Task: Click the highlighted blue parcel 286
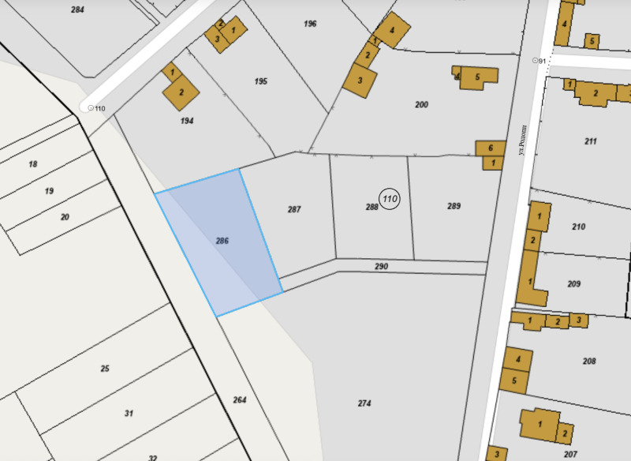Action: tap(219, 241)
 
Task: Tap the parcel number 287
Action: tap(294, 209)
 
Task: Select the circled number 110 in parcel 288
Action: tap(389, 199)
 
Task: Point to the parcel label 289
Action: tap(454, 206)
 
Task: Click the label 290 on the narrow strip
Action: tap(381, 267)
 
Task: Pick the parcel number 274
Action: tap(364, 403)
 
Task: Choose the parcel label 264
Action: tap(240, 400)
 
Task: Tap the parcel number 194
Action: tap(187, 121)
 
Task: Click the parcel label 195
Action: tap(261, 81)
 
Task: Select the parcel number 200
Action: tap(422, 104)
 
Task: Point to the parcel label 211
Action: tap(590, 141)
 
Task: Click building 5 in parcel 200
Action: tap(478, 77)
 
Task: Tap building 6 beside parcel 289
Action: tap(491, 148)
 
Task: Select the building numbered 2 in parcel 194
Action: tap(181, 92)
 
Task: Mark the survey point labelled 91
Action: tap(536, 60)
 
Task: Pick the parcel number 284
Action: tap(77, 9)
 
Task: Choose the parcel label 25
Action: tap(104, 369)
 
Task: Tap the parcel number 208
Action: tap(588, 361)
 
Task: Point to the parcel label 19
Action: tap(49, 191)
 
